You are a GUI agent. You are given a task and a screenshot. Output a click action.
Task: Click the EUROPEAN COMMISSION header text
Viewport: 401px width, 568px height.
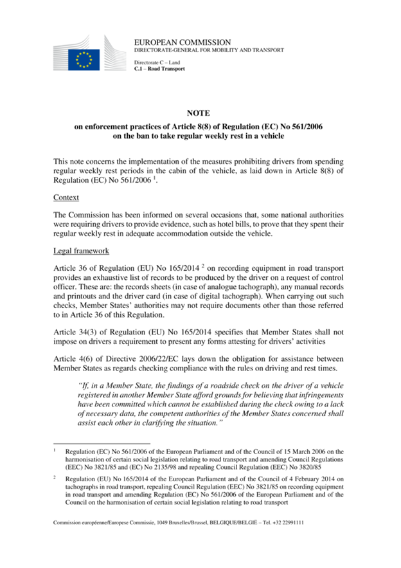pyautogui.click(x=168, y=41)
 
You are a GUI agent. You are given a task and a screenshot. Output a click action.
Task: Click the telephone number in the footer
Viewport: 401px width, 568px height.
pyautogui.click(x=287, y=522)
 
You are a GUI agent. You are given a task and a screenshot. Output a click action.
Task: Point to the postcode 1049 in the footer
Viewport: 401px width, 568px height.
pyautogui.click(x=165, y=522)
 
